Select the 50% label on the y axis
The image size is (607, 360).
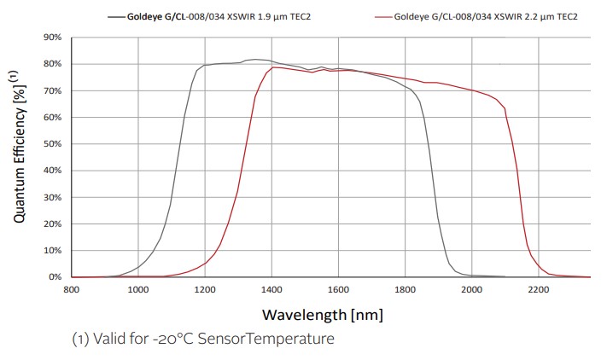(x=52, y=144)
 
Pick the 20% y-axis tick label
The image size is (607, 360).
(x=52, y=224)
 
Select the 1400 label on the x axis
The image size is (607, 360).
(x=271, y=289)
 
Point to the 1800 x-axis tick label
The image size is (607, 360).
(x=405, y=289)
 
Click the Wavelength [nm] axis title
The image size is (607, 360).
(x=322, y=315)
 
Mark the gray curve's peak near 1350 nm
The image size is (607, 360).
(x=255, y=60)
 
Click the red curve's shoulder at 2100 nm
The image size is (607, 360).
(x=505, y=108)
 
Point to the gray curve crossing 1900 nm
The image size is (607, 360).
(x=438, y=219)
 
